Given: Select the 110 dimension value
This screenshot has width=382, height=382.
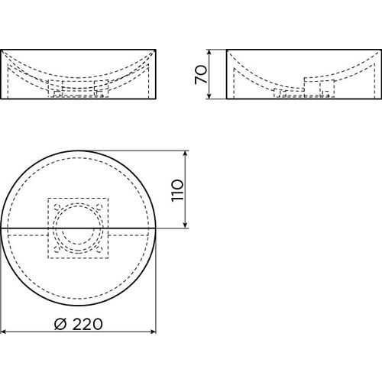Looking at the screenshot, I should coord(177,189).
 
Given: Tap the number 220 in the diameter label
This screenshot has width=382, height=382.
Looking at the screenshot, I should coord(87,323).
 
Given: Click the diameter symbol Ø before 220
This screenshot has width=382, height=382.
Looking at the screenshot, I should coord(62,323).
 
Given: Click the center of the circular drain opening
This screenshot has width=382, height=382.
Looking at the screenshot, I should coord(79,228).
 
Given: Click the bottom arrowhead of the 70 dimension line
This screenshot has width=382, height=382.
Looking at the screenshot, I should coord(211,98).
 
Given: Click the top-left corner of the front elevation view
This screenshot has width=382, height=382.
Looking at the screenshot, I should coord(2,50).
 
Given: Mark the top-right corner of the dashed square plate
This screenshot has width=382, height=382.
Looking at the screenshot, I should coord(112,198).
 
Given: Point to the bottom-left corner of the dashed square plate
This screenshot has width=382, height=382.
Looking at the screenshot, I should coord(48,257).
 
